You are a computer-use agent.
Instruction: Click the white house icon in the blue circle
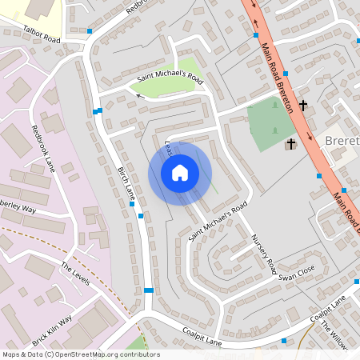click(180, 172)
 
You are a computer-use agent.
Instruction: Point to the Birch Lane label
click(127, 188)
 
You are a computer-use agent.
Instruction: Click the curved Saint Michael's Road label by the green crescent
click(170, 78)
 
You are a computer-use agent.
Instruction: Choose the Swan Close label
click(298, 272)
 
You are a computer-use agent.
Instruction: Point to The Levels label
click(74, 278)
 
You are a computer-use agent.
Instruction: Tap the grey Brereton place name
click(342, 142)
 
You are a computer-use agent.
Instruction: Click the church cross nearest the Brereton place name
click(290, 144)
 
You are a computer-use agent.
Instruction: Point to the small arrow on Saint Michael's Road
click(138, 94)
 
